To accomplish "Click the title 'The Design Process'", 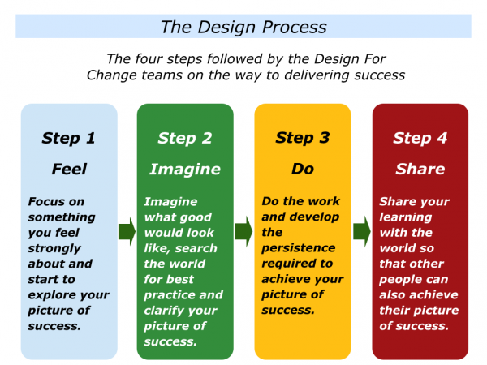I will (x=243, y=27).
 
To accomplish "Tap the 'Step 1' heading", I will (x=68, y=138).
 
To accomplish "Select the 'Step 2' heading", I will (x=185, y=138).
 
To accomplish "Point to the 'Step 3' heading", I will (x=303, y=138).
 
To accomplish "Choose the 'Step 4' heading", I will (x=420, y=138).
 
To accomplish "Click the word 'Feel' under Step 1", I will (x=68, y=170).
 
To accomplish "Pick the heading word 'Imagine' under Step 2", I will (x=185, y=170).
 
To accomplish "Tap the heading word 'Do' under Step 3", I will (x=303, y=170).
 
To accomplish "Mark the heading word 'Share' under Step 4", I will (x=420, y=170).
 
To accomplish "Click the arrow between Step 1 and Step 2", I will (x=126, y=232).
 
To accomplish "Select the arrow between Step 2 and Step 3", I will (x=243, y=232).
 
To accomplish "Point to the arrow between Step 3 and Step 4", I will (x=361, y=232).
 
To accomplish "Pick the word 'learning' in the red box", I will (x=406, y=217).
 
